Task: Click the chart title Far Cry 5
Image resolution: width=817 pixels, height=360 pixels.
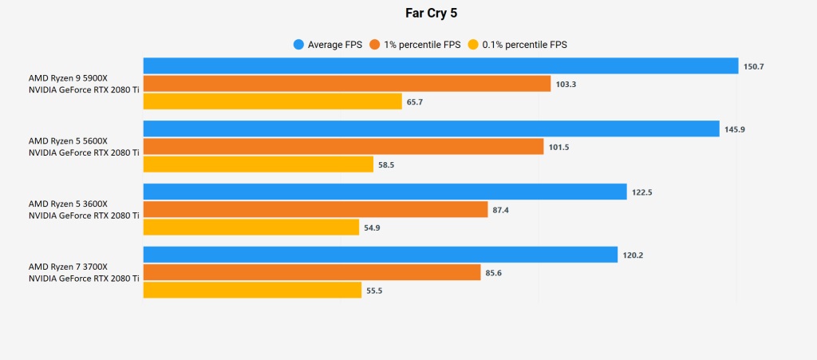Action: [408, 14]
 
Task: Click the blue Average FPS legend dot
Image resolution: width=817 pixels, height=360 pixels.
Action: [299, 45]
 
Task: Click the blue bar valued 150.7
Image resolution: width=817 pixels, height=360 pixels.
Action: [440, 66]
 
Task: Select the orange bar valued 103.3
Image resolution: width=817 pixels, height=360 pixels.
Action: [347, 84]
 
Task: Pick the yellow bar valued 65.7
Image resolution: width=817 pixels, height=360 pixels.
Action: [272, 101]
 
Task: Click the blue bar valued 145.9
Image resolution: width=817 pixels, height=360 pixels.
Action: [431, 129]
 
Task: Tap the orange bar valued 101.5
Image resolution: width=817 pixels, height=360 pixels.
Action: [344, 147]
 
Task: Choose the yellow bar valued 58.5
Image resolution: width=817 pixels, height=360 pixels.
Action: [259, 164]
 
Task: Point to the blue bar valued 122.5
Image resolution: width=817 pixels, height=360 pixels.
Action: [385, 192]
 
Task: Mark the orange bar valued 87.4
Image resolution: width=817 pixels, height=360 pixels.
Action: [315, 209]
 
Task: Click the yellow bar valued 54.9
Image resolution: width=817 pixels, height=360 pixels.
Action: [251, 227]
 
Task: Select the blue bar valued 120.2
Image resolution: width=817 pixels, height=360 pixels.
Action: [381, 255]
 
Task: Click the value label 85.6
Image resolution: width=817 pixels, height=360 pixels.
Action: [494, 273]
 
